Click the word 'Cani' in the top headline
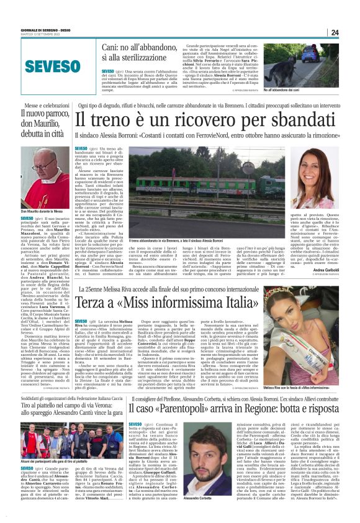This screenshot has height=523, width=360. pos(112,48)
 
